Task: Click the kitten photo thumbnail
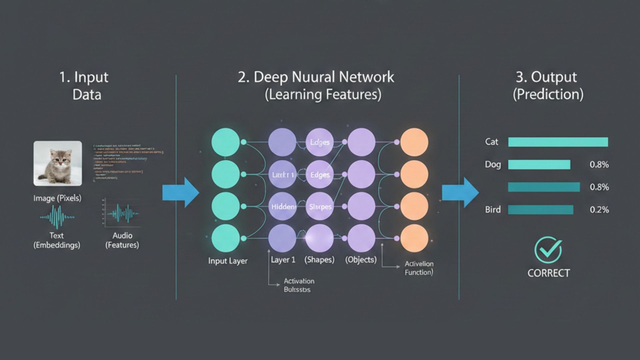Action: (57, 163)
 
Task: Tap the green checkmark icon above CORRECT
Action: (548, 250)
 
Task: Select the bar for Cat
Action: (558, 142)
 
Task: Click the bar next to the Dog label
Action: (539, 164)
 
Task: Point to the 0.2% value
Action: (599, 210)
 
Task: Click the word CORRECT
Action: (548, 273)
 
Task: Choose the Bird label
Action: (493, 210)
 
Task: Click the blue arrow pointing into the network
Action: (180, 193)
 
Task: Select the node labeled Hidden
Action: (282, 207)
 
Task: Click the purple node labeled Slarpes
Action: (320, 207)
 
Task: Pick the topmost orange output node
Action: (414, 142)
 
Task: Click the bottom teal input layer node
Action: (225, 238)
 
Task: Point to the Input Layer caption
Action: (228, 261)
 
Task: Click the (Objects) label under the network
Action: (361, 260)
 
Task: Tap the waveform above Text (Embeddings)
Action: (57, 217)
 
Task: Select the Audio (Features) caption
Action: (122, 240)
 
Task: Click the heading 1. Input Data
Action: (84, 86)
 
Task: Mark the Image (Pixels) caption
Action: (57, 198)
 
